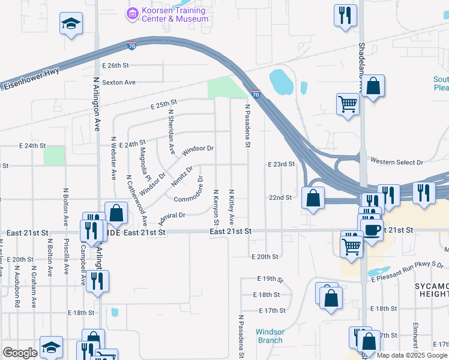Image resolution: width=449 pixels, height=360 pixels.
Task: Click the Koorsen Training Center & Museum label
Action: [175, 14]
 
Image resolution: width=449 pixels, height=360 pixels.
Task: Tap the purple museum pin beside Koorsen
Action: [132, 11]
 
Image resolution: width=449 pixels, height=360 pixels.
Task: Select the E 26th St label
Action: [116, 65]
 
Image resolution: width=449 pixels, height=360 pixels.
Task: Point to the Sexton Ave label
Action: [119, 82]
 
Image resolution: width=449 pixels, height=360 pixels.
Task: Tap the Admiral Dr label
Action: [172, 216]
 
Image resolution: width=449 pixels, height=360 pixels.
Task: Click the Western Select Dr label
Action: [397, 162]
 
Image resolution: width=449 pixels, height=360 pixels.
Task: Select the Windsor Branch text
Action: [270, 336]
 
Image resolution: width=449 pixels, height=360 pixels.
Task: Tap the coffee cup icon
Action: [372, 228]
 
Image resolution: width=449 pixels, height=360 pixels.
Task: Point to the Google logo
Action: [20, 353]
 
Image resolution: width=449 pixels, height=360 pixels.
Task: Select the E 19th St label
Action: [270, 279]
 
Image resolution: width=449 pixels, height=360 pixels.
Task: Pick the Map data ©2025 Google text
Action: [412, 355]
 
